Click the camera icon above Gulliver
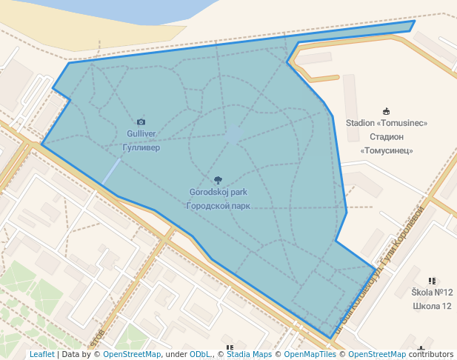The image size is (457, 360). coord(141,121)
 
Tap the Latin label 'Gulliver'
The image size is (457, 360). coord(141,134)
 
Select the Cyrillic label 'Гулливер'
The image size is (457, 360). coord(141,147)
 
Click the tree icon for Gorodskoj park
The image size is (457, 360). coord(218,180)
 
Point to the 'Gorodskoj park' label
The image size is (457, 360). coord(218,193)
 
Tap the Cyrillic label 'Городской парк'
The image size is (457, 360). coord(218,206)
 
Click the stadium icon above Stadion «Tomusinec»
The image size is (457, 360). coord(386,111)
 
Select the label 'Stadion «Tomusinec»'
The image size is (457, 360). coord(386,123)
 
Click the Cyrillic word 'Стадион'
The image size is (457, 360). coord(386,137)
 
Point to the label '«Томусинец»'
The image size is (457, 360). coord(386,150)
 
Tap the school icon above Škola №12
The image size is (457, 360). coord(432,281)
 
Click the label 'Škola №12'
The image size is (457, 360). coord(432,293)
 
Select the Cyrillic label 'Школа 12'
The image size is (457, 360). coord(432,306)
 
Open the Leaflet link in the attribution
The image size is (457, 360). coord(42,354)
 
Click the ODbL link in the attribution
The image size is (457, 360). coord(200,354)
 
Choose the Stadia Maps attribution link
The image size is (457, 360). coord(249,354)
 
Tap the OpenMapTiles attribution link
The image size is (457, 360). coord(310,354)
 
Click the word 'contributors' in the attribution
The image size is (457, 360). coord(431,354)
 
